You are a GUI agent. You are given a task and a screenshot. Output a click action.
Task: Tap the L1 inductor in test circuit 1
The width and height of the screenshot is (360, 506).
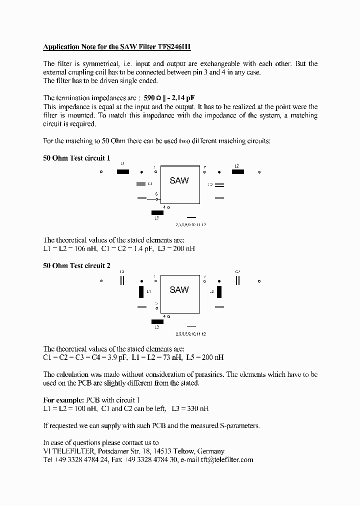click(x=123, y=172)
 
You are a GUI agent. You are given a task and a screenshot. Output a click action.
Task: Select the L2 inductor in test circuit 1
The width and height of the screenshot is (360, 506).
click(x=238, y=172)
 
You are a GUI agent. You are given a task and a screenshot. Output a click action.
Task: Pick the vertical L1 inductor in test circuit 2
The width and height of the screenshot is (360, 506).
click(x=140, y=291)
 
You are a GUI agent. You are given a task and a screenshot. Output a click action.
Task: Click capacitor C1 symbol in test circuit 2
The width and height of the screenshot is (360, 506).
click(x=122, y=280)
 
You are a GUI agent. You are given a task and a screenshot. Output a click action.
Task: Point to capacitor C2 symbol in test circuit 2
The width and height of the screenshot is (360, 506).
click(x=238, y=280)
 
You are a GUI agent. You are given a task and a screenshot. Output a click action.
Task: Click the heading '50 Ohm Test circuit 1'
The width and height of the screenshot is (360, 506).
click(x=76, y=158)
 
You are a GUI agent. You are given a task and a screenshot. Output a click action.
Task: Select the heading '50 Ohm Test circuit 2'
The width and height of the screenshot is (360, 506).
click(x=76, y=266)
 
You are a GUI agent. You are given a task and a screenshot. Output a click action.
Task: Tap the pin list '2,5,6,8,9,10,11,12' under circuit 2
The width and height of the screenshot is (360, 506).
click(x=191, y=333)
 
